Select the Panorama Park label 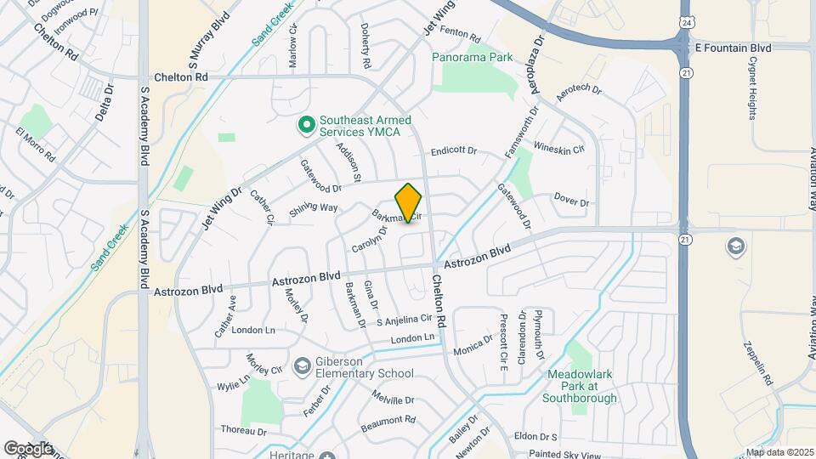tap(473, 58)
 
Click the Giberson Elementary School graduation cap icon tap(301, 366)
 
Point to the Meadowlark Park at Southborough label tap(579, 383)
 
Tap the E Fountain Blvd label tap(733, 48)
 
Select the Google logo tap(28, 448)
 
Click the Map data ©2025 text tap(778, 452)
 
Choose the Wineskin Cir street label tap(558, 150)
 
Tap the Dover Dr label tap(571, 202)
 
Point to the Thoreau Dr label tap(243, 432)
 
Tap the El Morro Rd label tap(36, 145)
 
